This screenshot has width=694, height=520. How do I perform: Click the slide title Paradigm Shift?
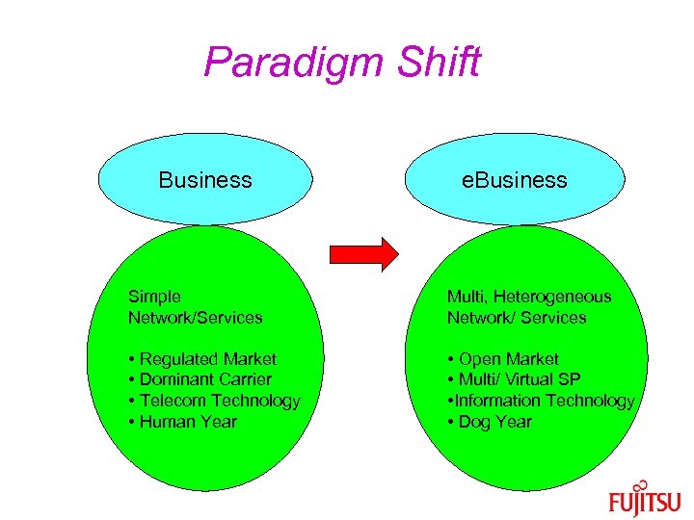pos(342,64)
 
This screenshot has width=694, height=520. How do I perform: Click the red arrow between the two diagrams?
pos(363,252)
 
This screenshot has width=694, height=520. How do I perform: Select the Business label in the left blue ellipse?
pos(205,180)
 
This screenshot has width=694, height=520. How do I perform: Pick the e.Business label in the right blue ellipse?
pos(514,180)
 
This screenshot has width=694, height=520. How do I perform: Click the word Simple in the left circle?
pos(154,297)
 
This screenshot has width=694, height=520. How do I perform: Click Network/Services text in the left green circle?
pos(195,317)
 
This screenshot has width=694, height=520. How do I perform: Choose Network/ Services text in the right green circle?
pos(516,317)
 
